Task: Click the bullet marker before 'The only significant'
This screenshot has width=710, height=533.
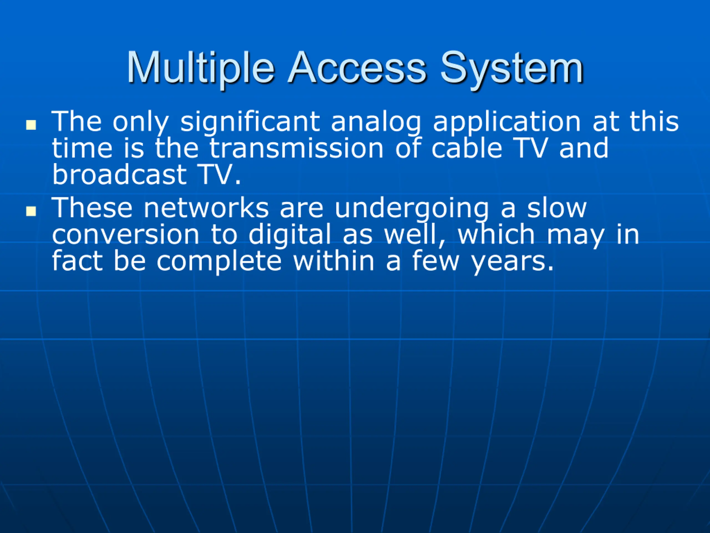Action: click(x=31, y=125)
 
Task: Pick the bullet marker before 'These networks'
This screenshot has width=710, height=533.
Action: click(x=31, y=211)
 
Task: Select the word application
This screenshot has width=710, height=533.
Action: click(x=507, y=122)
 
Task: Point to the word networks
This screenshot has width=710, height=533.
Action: click(x=206, y=208)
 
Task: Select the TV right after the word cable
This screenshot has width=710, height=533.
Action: click(x=530, y=148)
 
